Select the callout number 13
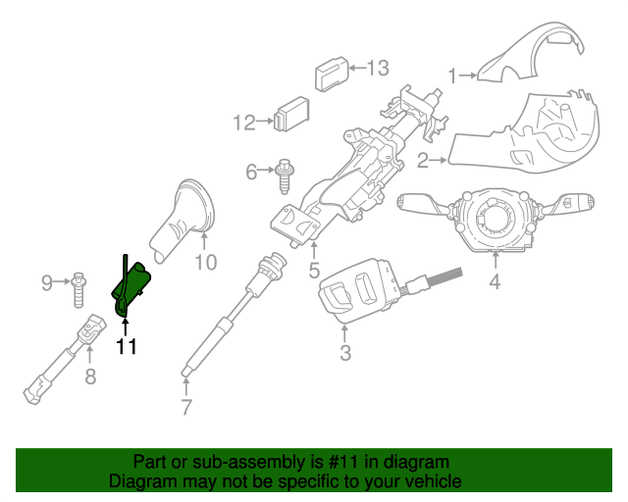click(x=377, y=68)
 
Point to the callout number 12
click(x=243, y=123)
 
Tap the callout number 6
click(x=251, y=173)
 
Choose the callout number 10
click(x=204, y=262)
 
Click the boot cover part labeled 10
click(x=185, y=221)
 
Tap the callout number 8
click(x=90, y=376)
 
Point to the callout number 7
click(x=186, y=408)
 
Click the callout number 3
click(x=345, y=353)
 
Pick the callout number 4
click(x=495, y=283)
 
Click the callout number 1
click(x=453, y=75)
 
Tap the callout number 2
click(x=422, y=160)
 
